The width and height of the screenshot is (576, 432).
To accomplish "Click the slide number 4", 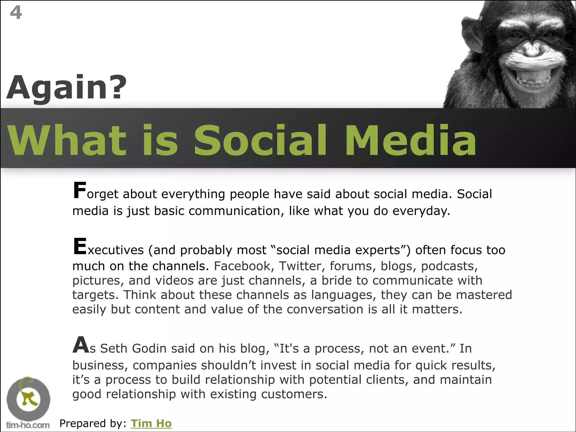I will pos(16,13).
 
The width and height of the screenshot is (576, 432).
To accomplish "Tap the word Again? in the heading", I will pos(67,88).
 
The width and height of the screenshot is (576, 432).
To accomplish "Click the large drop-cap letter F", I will pos(79,191).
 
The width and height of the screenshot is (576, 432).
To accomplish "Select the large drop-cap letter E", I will pos(80,246).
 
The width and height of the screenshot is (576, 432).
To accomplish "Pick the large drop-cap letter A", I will pos(81,345).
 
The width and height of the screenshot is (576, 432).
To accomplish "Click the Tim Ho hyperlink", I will pos(151,423).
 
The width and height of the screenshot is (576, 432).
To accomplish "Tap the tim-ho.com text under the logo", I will pos(28,425).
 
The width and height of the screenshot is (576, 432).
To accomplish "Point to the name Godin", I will pos(149,348).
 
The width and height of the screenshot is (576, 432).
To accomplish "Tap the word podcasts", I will pos(449,266).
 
